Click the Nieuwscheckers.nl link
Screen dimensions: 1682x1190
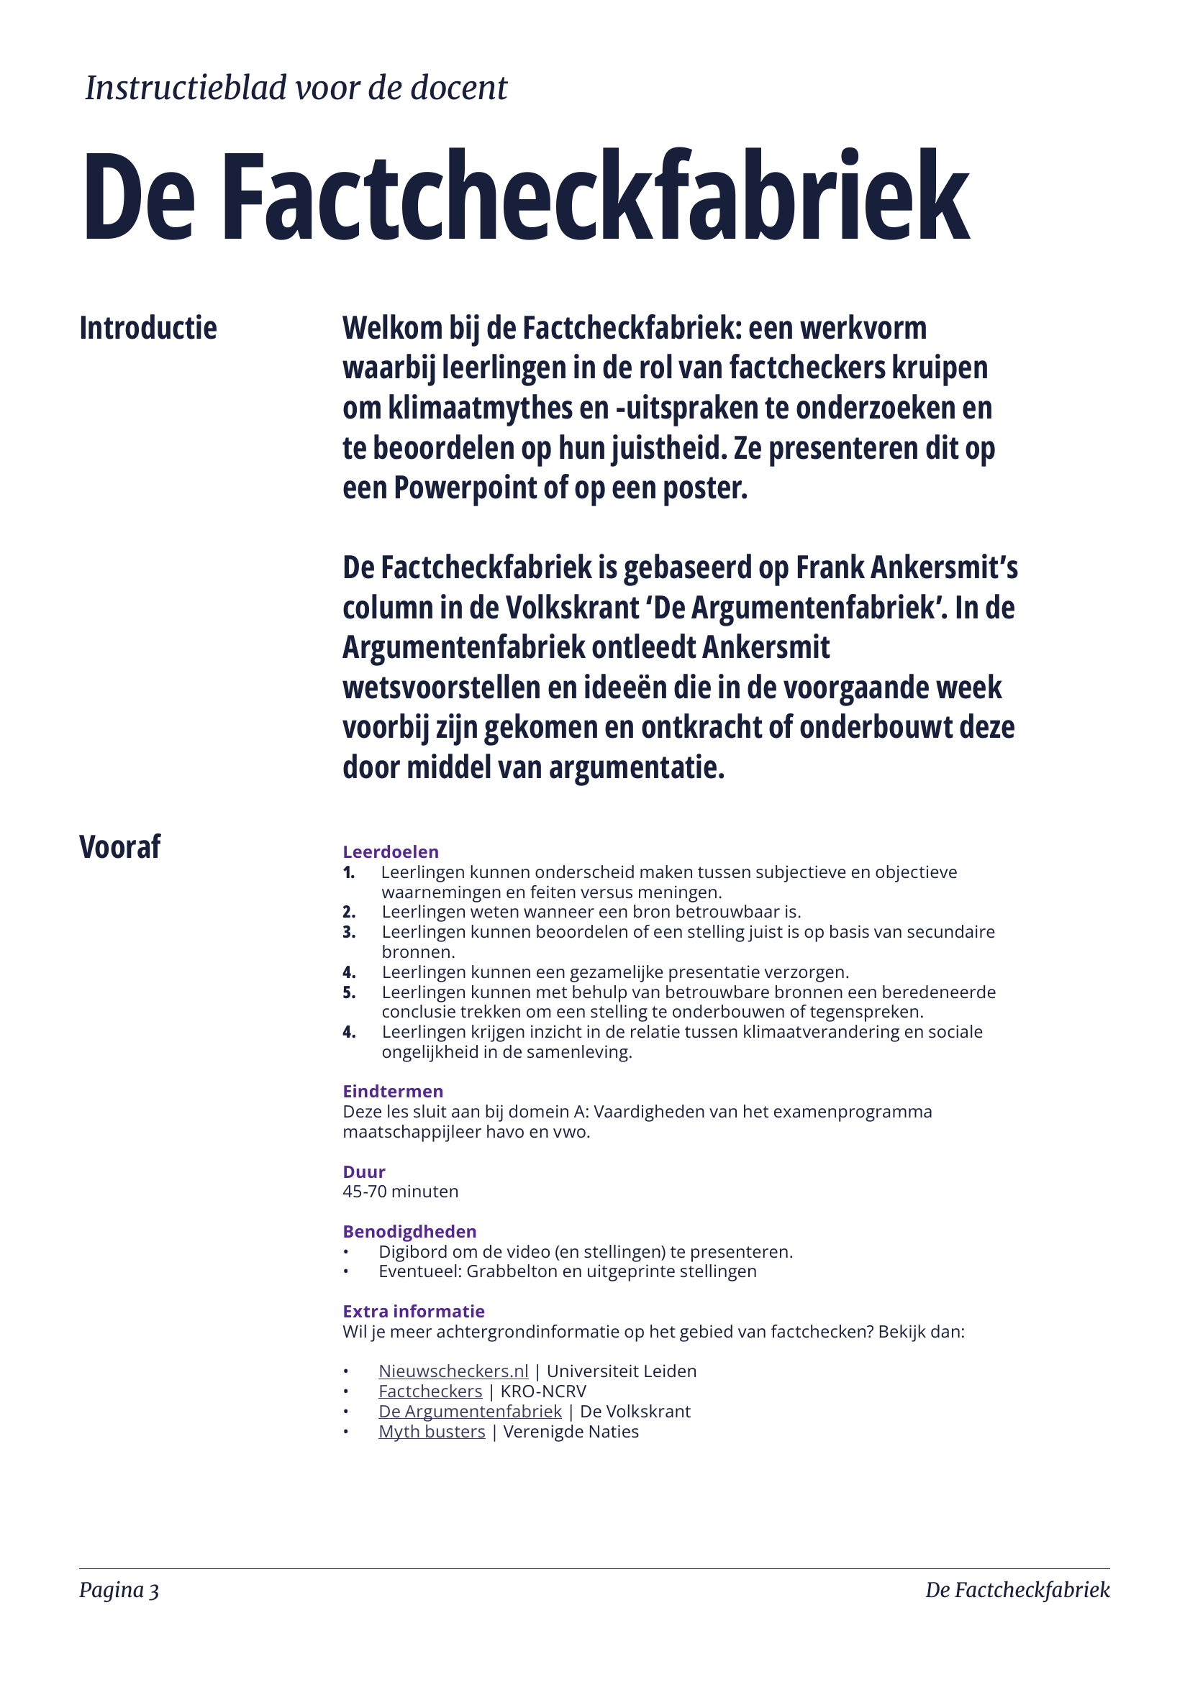(453, 1371)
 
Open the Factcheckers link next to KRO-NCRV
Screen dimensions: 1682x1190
(430, 1391)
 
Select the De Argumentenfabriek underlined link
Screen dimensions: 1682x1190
(470, 1411)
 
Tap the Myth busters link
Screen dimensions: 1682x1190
(432, 1432)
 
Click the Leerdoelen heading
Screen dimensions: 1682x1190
(391, 852)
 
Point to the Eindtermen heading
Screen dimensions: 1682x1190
(393, 1092)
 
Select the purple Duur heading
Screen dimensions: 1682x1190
(363, 1171)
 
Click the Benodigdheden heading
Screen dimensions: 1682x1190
(409, 1231)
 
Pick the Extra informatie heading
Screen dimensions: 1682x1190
(413, 1312)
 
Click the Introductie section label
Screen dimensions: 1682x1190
(148, 328)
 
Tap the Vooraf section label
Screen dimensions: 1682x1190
(119, 847)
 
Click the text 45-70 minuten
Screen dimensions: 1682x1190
(400, 1191)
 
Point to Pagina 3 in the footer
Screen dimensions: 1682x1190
(119, 1590)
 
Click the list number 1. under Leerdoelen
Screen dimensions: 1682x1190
(349, 872)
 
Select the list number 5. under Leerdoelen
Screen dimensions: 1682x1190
(349, 992)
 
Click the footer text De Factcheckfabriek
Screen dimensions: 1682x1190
(1017, 1590)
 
